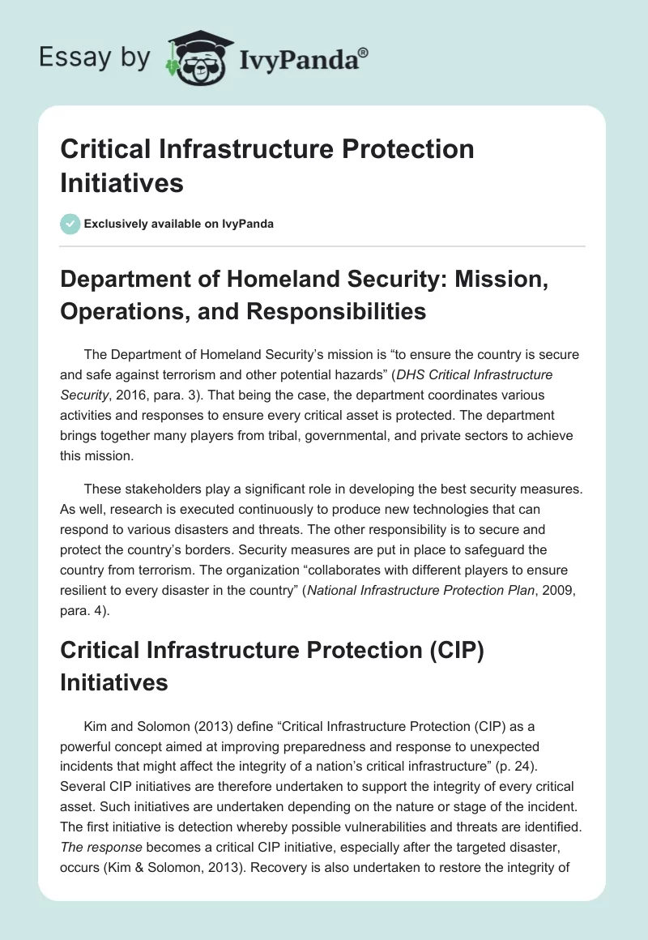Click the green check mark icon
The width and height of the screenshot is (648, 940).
pos(70,224)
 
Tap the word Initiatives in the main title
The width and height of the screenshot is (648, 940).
pos(122,182)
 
